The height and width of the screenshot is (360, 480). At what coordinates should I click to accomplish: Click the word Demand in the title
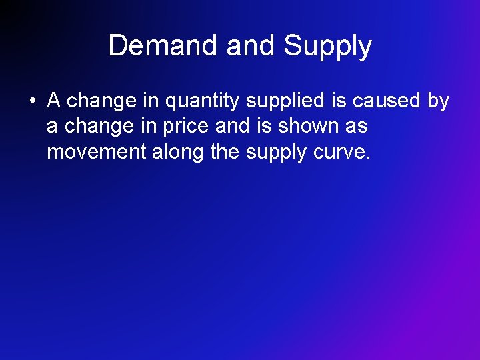164,46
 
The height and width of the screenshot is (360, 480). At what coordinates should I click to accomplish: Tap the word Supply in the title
327,46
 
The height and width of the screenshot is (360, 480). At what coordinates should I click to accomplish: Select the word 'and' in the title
251,46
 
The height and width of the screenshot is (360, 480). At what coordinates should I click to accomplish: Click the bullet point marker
31,101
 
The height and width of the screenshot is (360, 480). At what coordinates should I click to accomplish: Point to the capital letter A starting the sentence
54,101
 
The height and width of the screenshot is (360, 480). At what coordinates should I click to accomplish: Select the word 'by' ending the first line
438,101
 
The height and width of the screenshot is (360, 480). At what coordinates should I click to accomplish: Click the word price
187,127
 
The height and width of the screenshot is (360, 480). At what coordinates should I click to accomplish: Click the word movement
96,152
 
